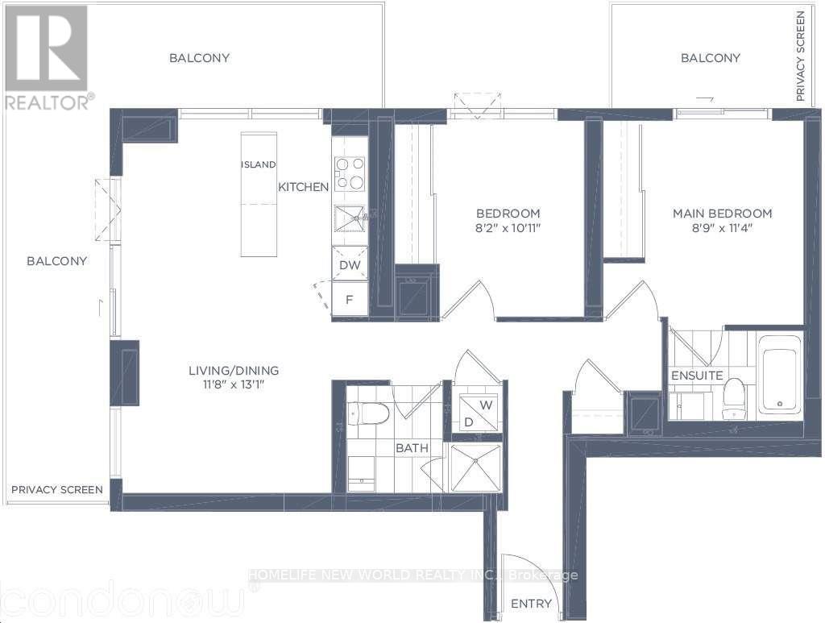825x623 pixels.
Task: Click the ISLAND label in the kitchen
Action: [258, 164]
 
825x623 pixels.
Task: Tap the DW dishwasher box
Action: [350, 264]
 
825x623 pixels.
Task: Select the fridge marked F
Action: [350, 299]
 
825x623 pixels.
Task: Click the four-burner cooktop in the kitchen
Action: [350, 173]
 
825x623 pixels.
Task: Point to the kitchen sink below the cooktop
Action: [350, 218]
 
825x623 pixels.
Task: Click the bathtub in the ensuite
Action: [780, 374]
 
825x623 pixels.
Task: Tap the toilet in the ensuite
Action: [734, 398]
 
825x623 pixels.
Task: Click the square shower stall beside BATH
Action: [476, 467]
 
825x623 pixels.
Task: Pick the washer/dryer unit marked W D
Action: [478, 413]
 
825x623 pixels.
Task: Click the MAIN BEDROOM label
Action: [723, 214]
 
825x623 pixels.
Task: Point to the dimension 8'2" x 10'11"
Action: [508, 228]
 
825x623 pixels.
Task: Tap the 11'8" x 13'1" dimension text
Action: [234, 384]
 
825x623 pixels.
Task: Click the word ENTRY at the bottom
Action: [532, 604]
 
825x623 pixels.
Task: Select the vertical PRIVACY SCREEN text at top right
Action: [800, 56]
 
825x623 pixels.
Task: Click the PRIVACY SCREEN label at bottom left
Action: [57, 490]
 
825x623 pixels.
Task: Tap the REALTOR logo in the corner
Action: [47, 57]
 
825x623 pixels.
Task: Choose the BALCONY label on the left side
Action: [57, 261]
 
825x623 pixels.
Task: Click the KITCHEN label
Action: [303, 187]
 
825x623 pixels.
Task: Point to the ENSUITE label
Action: [697, 376]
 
